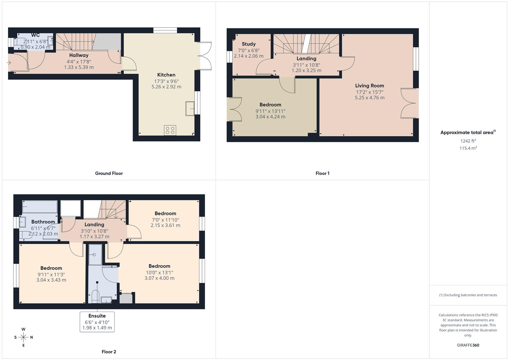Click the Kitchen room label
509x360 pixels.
pyautogui.click(x=166, y=75)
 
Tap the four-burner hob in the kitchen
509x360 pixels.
pyautogui.click(x=170, y=130)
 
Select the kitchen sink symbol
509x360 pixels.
pyautogui.click(x=190, y=108)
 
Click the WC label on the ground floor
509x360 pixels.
pyautogui.click(x=35, y=35)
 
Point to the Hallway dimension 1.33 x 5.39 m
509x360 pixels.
pyautogui.click(x=79, y=67)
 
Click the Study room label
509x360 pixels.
pyautogui.click(x=249, y=44)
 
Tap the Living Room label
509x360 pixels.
pyautogui.click(x=369, y=86)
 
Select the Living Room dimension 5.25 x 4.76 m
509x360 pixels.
pyautogui.click(x=369, y=98)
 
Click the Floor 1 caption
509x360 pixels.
pyautogui.click(x=322, y=173)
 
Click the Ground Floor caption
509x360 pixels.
pyautogui.click(x=109, y=173)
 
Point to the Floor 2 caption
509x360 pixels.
pyautogui.click(x=109, y=352)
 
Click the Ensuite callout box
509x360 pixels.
pyautogui.click(x=97, y=322)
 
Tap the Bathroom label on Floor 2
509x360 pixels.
pyautogui.click(x=43, y=222)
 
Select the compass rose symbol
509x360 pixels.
pyautogui.click(x=23, y=337)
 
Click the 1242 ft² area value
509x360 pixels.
pyautogui.click(x=468, y=141)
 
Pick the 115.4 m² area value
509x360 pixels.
pyautogui.click(x=468, y=148)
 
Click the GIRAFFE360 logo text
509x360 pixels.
pyautogui.click(x=468, y=345)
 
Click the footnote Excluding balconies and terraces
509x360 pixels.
pyautogui.click(x=468, y=295)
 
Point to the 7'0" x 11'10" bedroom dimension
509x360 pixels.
pyautogui.click(x=165, y=220)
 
